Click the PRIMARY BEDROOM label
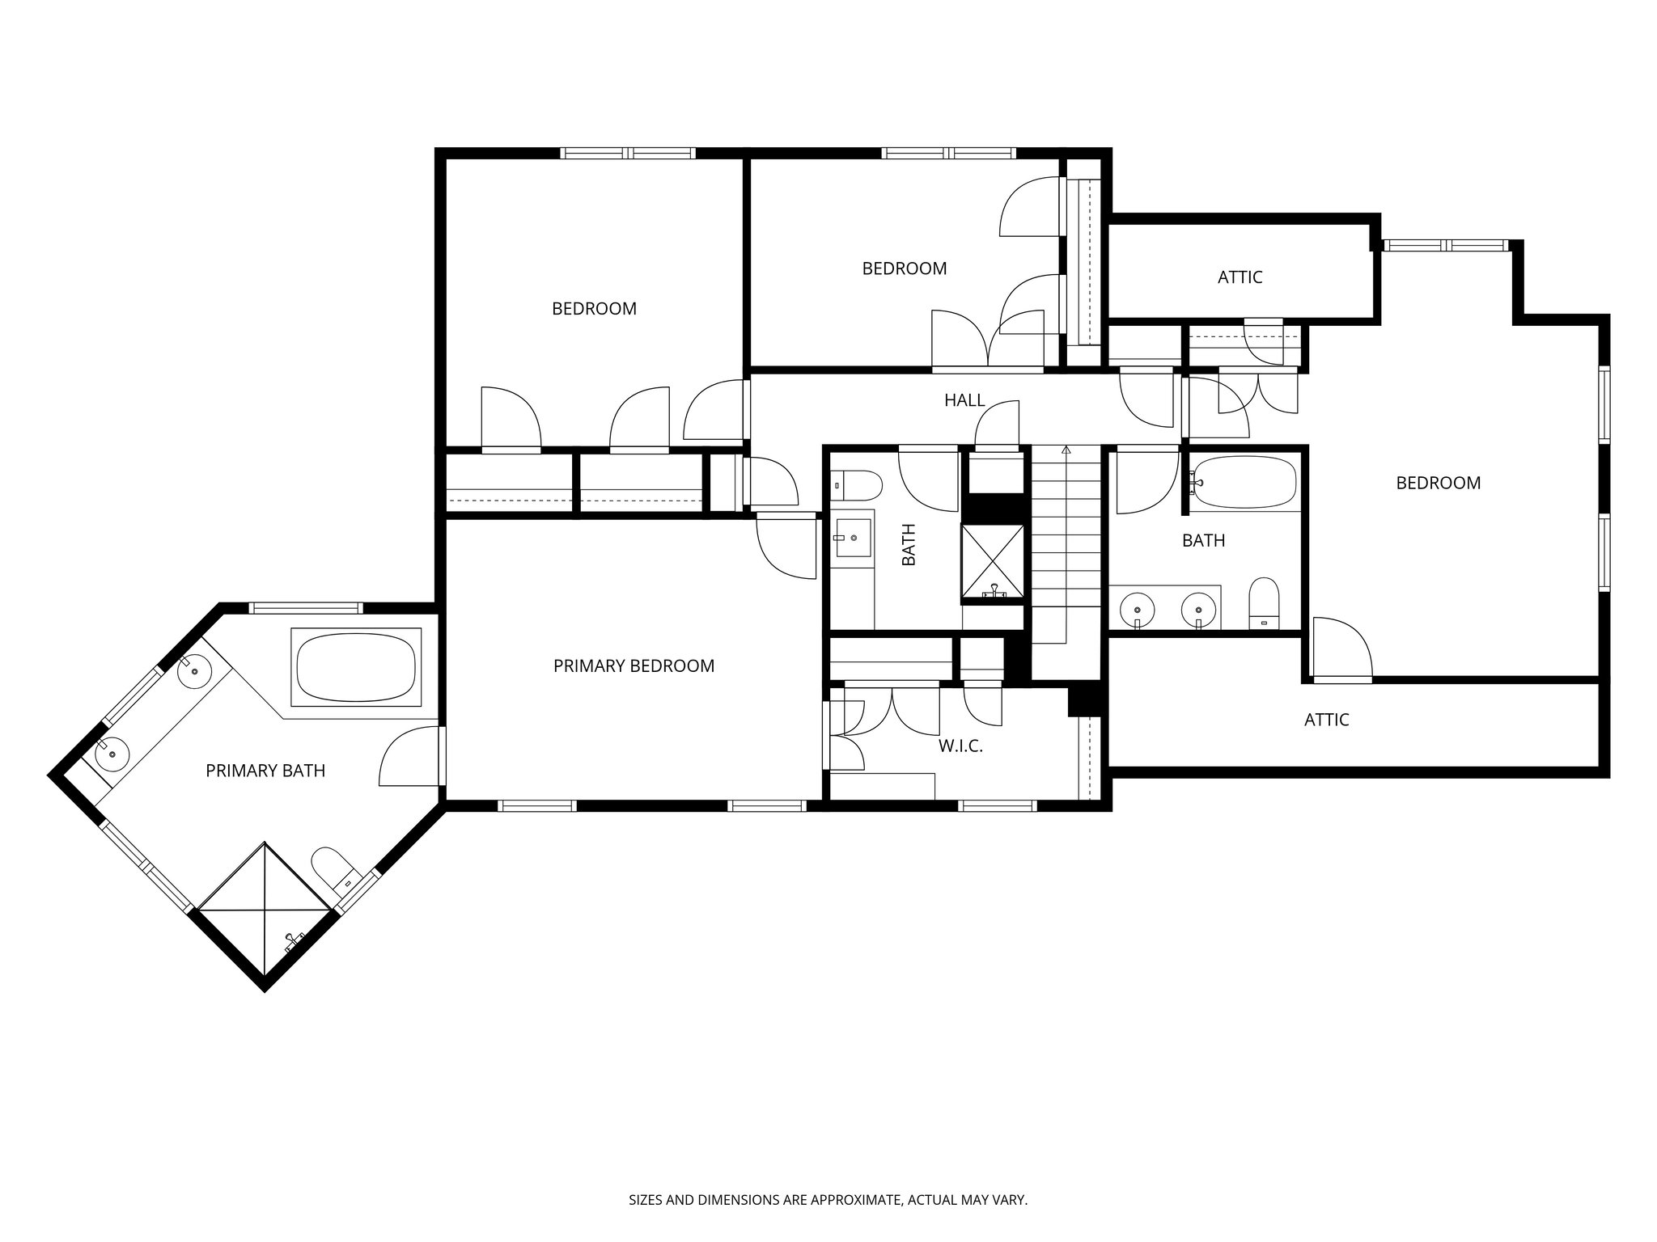point(634,666)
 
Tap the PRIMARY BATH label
point(265,771)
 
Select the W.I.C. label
point(960,746)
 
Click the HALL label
point(964,400)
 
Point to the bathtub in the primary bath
point(357,668)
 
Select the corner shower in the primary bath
point(265,910)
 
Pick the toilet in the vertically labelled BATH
point(858,487)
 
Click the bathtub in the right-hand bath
point(1245,484)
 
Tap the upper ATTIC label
point(1240,278)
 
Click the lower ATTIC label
point(1326,720)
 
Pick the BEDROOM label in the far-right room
point(1438,484)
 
